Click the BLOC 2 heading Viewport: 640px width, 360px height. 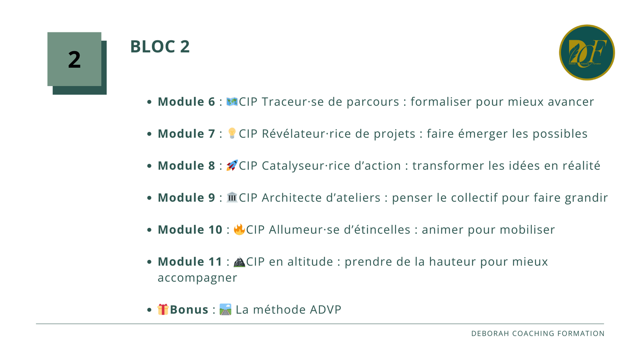click(160, 46)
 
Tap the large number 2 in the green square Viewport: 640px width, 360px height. click(74, 59)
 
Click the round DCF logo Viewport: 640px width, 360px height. click(587, 52)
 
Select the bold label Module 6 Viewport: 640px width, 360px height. click(186, 102)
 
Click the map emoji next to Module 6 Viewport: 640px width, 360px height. click(232, 102)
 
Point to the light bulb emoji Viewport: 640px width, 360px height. click(232, 133)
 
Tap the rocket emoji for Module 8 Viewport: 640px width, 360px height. click(232, 165)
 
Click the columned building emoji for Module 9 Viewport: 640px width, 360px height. click(232, 197)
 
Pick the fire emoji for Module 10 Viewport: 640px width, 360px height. click(239, 229)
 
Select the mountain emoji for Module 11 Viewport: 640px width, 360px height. click(239, 262)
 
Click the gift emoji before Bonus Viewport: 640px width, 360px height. click(163, 309)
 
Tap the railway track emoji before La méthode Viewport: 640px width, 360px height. click(225, 309)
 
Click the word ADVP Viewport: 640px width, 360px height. click(326, 310)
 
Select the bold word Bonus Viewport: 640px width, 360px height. click(189, 310)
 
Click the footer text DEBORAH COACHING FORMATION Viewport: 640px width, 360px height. click(538, 334)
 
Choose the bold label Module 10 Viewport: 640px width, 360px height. click(190, 230)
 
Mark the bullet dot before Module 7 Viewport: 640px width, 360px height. click(149, 134)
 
